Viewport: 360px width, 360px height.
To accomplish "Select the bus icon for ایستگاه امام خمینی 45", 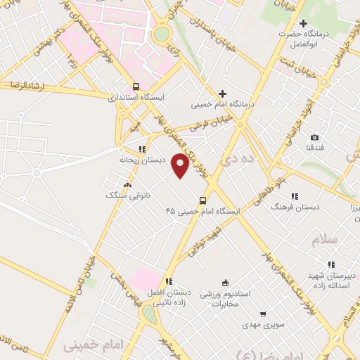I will [203, 200].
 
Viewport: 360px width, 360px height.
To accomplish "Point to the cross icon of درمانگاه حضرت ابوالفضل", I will [303, 24].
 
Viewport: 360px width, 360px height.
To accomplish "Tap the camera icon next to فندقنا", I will [314, 137].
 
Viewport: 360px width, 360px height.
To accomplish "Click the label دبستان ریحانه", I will [142, 160].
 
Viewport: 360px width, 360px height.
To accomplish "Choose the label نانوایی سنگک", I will [119, 195].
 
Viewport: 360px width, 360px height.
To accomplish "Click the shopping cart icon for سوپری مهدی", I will [263, 314].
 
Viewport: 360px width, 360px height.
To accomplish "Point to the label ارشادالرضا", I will [23, 84].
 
